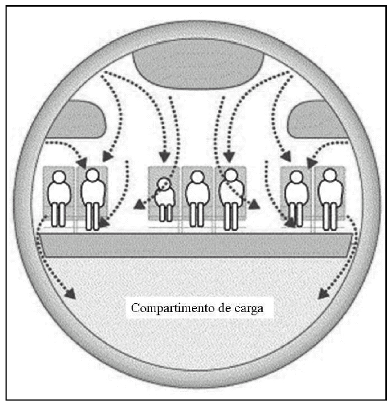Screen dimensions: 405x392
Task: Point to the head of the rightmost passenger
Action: (331, 176)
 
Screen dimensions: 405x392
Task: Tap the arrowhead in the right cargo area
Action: (322, 293)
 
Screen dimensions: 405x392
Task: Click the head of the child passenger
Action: (163, 184)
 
